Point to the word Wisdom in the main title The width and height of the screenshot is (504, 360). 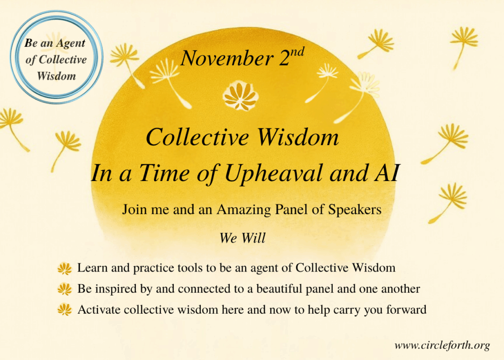(x=298, y=137)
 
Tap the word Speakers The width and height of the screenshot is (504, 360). (x=354, y=210)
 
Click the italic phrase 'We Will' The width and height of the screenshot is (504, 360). (x=242, y=239)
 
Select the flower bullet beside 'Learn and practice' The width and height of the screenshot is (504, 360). (x=64, y=269)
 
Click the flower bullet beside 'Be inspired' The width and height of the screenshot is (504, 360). (x=64, y=289)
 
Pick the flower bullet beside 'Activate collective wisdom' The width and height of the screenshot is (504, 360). (x=64, y=310)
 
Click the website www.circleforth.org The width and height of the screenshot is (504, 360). (x=442, y=345)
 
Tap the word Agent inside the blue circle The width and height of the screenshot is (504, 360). (x=70, y=43)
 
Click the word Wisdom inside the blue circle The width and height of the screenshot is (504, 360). (x=57, y=76)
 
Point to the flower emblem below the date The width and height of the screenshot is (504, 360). (x=240, y=96)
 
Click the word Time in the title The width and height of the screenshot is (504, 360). (x=164, y=173)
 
